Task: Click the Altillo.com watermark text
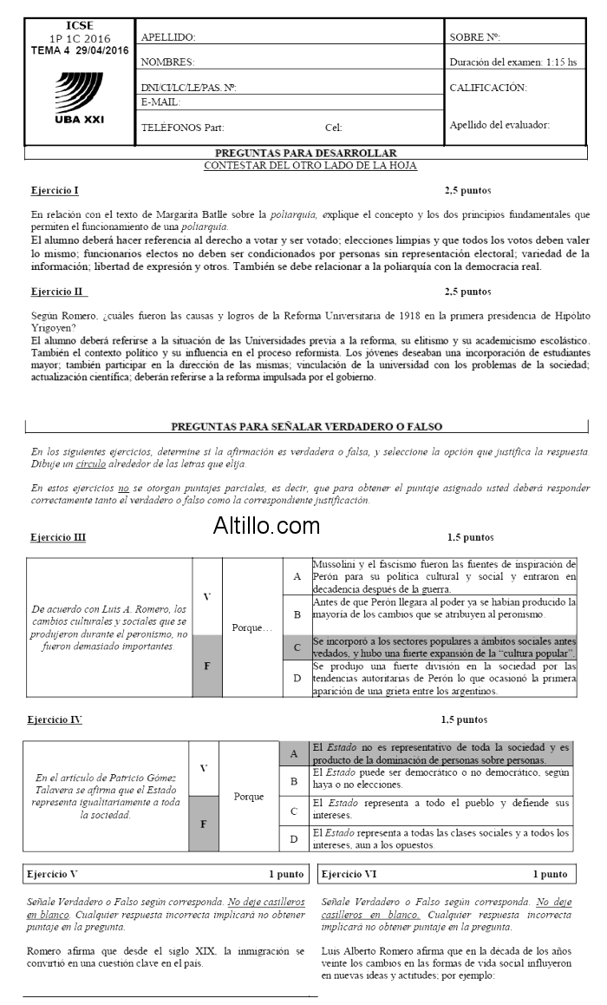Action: click(266, 525)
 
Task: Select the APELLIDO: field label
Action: click(168, 37)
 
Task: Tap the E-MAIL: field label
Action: click(160, 102)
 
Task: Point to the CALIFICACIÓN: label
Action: click(488, 88)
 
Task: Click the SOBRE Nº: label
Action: click(475, 37)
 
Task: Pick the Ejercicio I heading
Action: click(55, 189)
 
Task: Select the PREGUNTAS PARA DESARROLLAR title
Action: click(310, 153)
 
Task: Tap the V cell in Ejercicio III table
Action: click(206, 596)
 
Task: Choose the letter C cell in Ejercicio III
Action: click(297, 647)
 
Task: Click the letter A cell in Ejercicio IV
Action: click(294, 754)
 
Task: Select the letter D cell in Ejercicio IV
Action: click(294, 838)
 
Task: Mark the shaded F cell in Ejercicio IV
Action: click(204, 823)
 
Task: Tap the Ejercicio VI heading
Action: click(350, 874)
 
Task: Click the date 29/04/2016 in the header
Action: click(102, 50)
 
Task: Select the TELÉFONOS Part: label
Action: click(182, 128)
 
